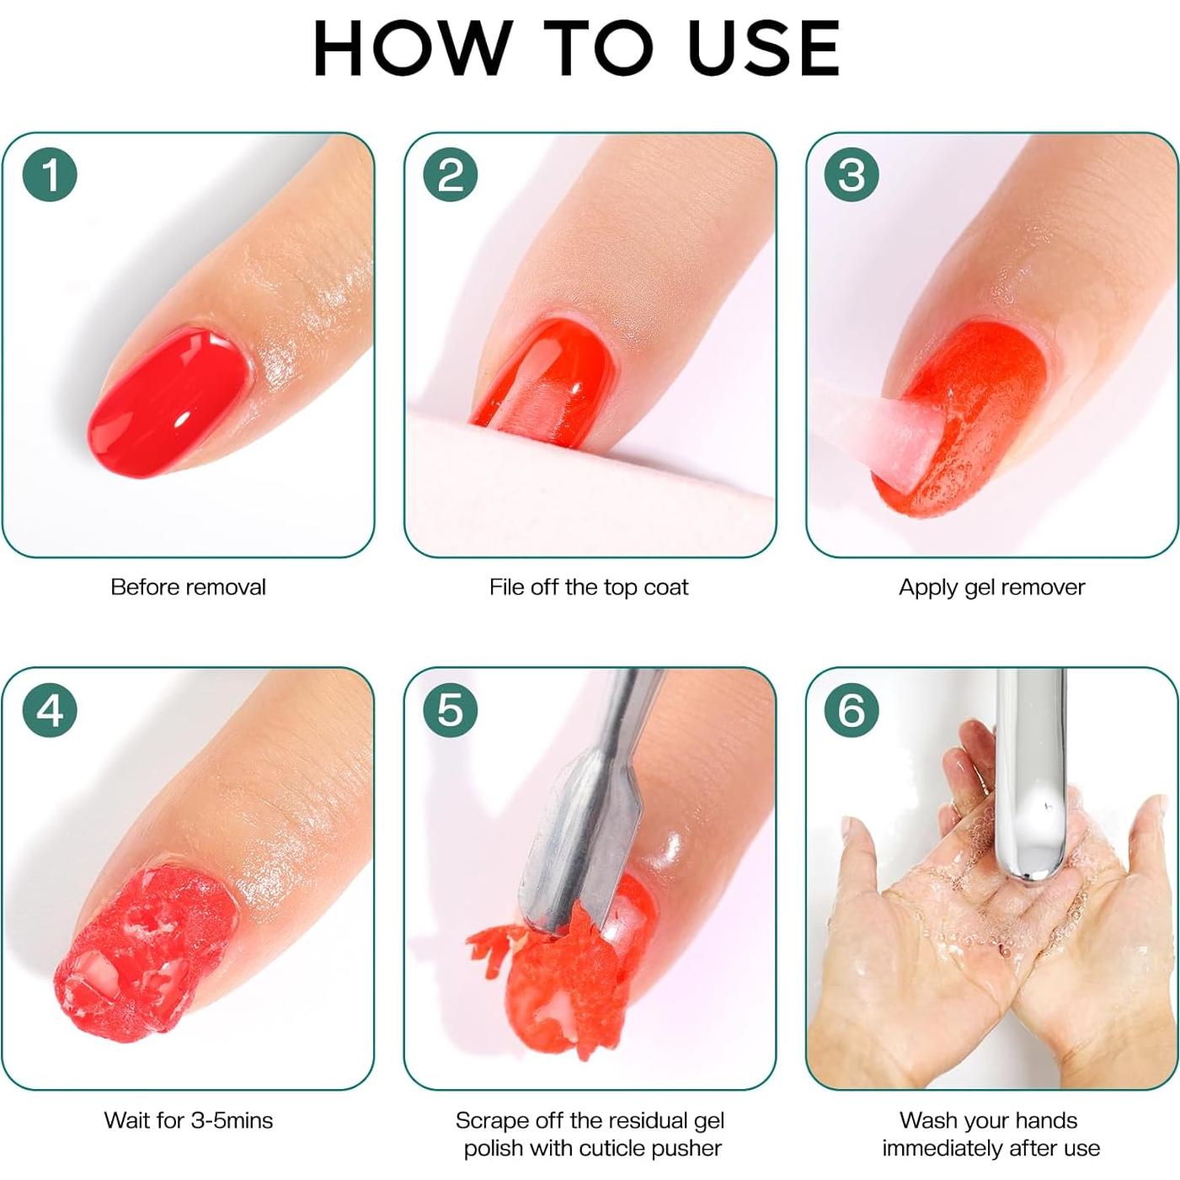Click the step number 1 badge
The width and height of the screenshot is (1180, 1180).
[x=50, y=175]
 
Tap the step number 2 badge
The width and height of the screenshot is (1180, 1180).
[x=451, y=175]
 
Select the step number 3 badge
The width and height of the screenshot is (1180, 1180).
[x=852, y=175]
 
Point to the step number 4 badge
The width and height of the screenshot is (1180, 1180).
[x=50, y=710]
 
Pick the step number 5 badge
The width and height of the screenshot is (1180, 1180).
[x=451, y=710]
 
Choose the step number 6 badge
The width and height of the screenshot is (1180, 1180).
[x=852, y=710]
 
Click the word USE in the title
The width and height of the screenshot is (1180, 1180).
[x=763, y=48]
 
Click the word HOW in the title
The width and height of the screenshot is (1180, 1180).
[x=412, y=48]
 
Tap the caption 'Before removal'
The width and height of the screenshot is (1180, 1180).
[x=188, y=587]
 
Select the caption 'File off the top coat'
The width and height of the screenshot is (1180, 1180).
[x=589, y=587]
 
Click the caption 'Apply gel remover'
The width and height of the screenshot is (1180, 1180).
[x=991, y=587]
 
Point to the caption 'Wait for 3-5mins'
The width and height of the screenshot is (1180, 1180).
[x=188, y=1120]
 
